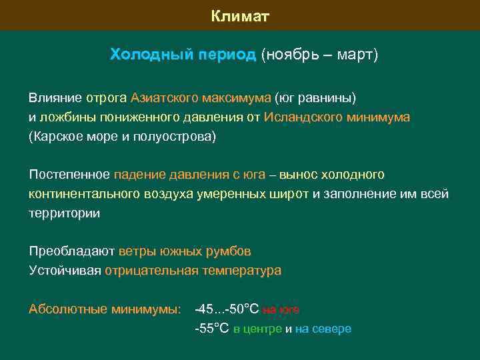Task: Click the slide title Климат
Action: point(240,15)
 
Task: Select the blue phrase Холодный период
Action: point(183,55)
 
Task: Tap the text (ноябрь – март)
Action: point(319,55)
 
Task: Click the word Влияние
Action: point(55,98)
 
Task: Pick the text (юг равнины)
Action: point(315,98)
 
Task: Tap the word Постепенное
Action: point(69,175)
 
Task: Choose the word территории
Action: point(64,213)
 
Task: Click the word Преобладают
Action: point(72,251)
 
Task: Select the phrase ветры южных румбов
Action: point(185,251)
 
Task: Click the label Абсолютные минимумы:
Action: point(105,309)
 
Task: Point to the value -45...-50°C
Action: point(226,309)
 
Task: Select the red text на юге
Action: point(281,310)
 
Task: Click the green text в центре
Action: point(257,329)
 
